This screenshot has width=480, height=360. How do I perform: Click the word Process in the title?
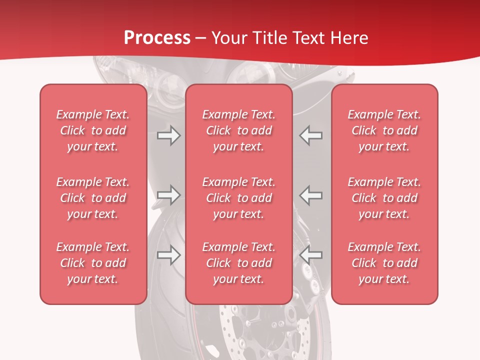pos(157,38)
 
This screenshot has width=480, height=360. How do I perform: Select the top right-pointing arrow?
pos(168,135)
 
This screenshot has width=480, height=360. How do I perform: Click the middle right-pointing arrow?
pos(168,195)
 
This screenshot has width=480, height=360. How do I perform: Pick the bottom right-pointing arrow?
pos(168,255)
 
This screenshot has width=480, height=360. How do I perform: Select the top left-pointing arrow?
pos(310,135)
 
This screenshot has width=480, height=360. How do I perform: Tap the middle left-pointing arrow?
pos(310,195)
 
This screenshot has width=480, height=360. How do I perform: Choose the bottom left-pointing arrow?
pos(310,255)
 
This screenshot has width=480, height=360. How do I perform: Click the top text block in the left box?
pos(93,130)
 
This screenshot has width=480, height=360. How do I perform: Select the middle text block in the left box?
pos(93,198)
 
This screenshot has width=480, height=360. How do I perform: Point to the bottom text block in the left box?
pos(93,263)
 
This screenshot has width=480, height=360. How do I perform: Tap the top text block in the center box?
pos(239,130)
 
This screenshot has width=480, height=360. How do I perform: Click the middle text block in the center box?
pos(239,198)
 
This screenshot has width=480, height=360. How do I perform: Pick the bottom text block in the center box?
pos(239,263)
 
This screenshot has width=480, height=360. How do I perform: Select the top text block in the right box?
pos(384,130)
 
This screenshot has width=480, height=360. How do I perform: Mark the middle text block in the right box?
pos(384,198)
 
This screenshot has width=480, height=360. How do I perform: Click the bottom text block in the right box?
pos(384,263)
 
